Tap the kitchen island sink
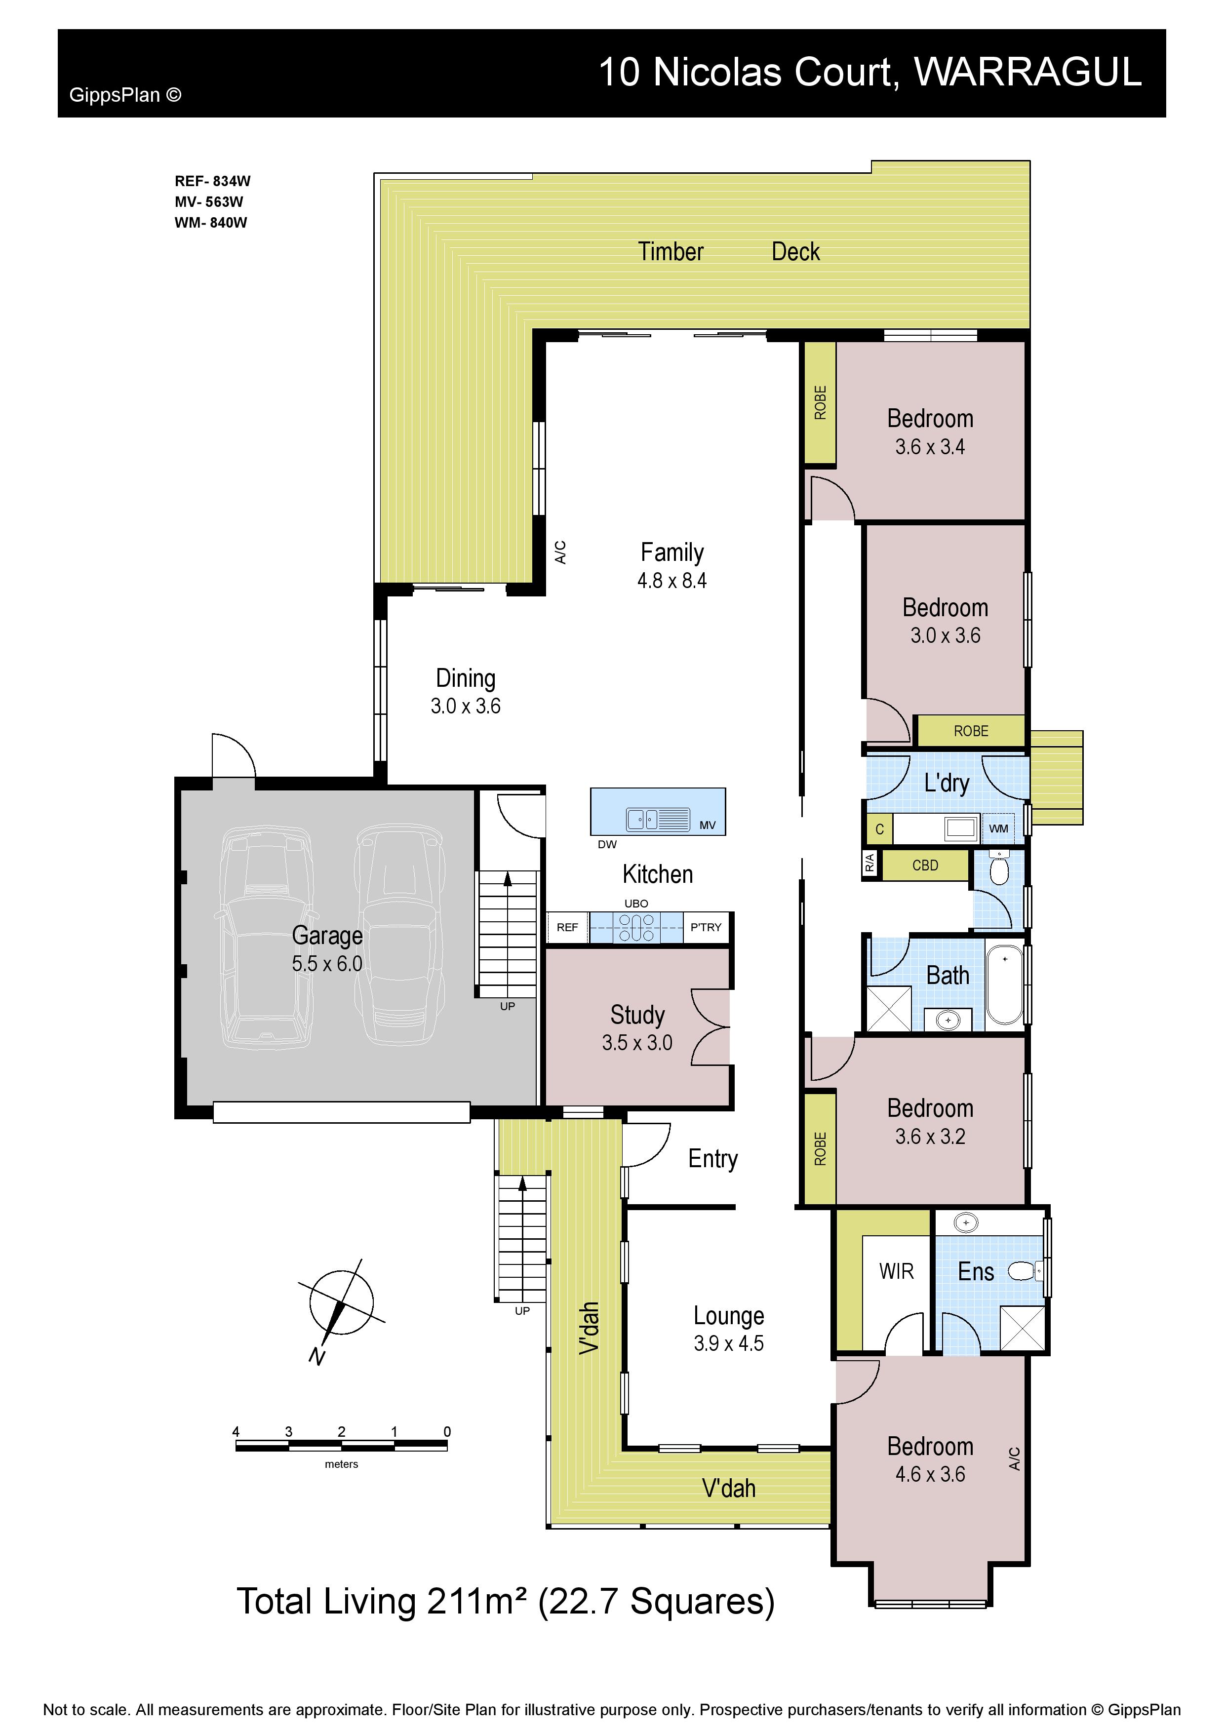coord(658,819)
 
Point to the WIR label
coord(896,1272)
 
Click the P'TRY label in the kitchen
coord(706,927)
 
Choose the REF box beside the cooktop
coord(567,927)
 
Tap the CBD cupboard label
coord(925,865)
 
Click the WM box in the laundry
coord(998,828)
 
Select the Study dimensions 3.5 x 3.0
coord(637,1043)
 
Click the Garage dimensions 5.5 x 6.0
coord(327,963)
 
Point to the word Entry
coord(712,1159)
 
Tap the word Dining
coord(465,678)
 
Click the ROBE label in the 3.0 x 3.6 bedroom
coord(971,731)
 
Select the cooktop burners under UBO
coord(636,928)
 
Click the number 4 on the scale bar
coord(236,1432)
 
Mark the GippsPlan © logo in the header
coord(125,95)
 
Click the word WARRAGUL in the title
coord(1028,73)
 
